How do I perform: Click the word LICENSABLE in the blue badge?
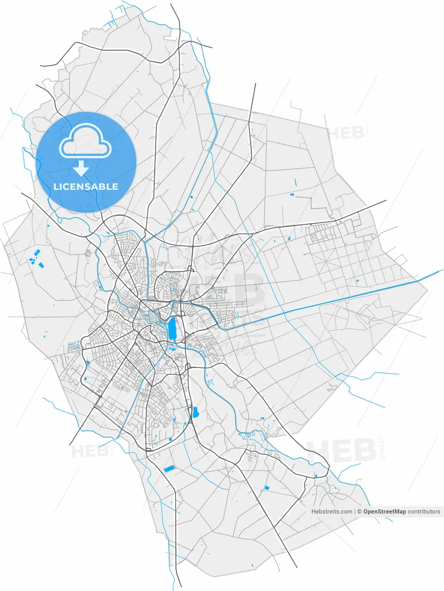pos(86,187)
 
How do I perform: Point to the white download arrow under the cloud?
pos(81,169)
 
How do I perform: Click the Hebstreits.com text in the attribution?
pos(332,512)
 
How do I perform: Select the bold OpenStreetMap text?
pos(385,512)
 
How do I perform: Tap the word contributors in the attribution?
pos(424,512)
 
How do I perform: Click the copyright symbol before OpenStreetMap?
pos(360,512)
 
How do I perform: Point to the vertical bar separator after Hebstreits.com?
pos(355,512)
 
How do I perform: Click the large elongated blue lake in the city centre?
pos(172,328)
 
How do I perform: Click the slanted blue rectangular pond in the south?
pos(169,469)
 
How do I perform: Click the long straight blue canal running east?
pos(323,305)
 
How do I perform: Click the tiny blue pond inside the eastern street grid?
pos(290,239)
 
